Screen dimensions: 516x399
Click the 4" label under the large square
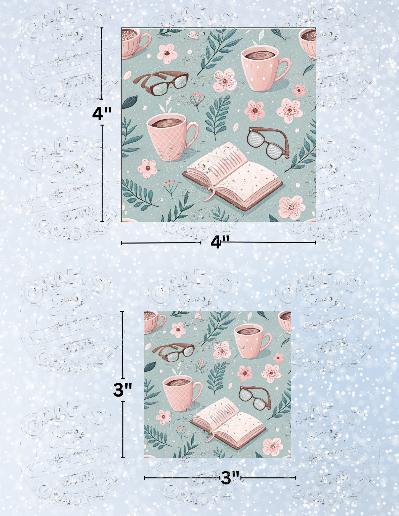tap(220, 243)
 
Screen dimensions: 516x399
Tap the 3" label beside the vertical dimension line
tap(123, 390)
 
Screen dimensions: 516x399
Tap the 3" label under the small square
tap(230, 478)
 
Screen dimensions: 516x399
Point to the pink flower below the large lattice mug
tap(147, 168)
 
